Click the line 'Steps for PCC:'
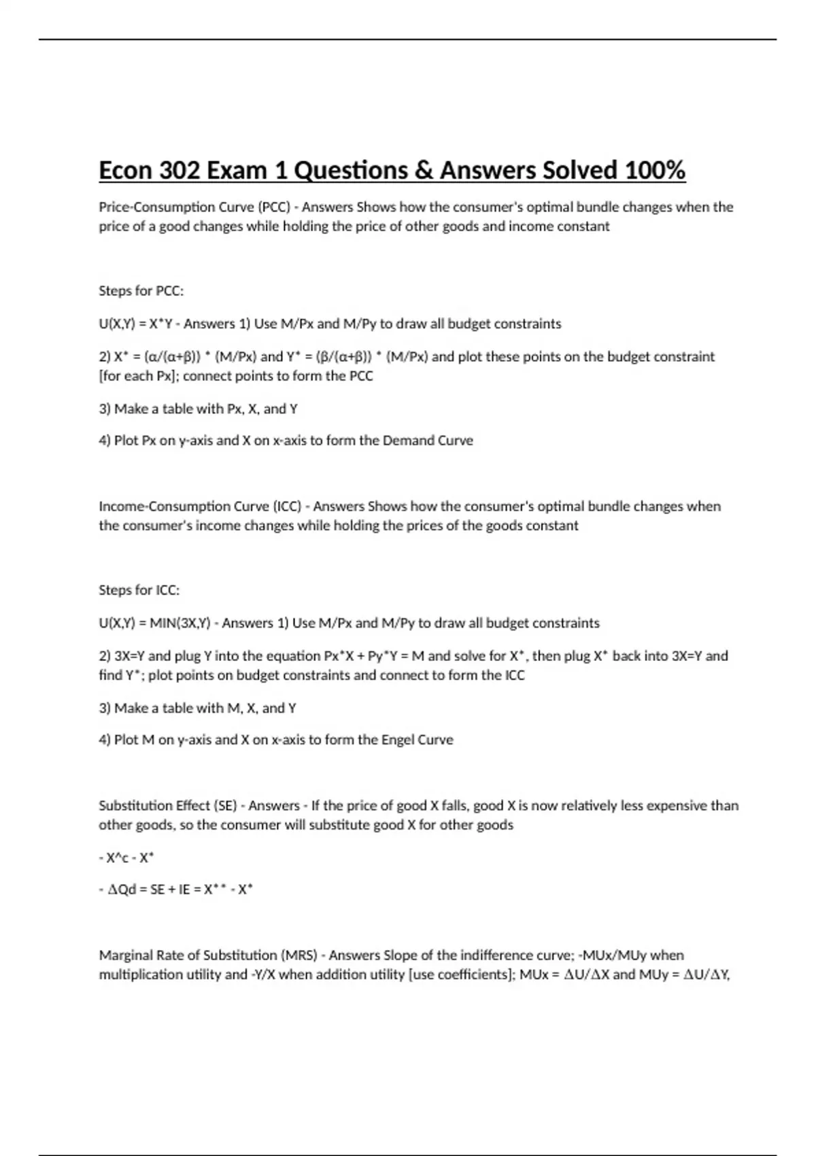pyautogui.click(x=141, y=291)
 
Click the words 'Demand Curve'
pyautogui.click(x=428, y=441)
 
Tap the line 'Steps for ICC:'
pyautogui.click(x=139, y=590)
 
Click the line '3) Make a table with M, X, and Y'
pyautogui.click(x=197, y=709)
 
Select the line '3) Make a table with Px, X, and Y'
pyautogui.click(x=198, y=409)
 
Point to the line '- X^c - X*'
pyautogui.click(x=126, y=858)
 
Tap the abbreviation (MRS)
pyautogui.click(x=299, y=955)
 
